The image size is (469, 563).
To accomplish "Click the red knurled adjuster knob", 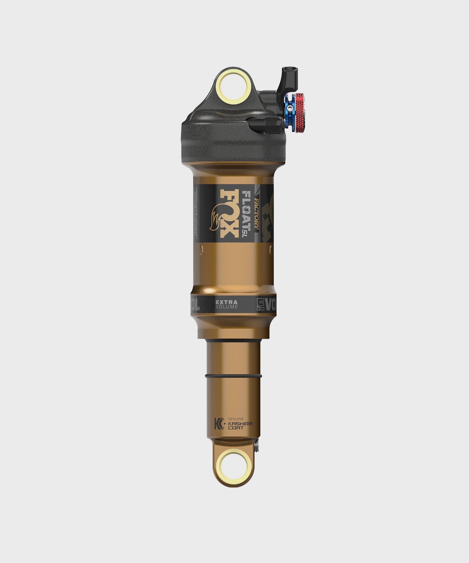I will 300,113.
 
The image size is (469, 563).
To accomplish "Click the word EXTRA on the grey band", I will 227,302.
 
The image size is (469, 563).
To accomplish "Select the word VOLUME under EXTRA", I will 227,307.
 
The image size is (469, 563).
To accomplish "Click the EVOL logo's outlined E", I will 260,304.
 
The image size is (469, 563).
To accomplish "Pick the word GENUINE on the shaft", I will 236,419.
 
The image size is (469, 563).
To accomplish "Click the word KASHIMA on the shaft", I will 240,424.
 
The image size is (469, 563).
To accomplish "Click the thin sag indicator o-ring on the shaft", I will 233,376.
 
